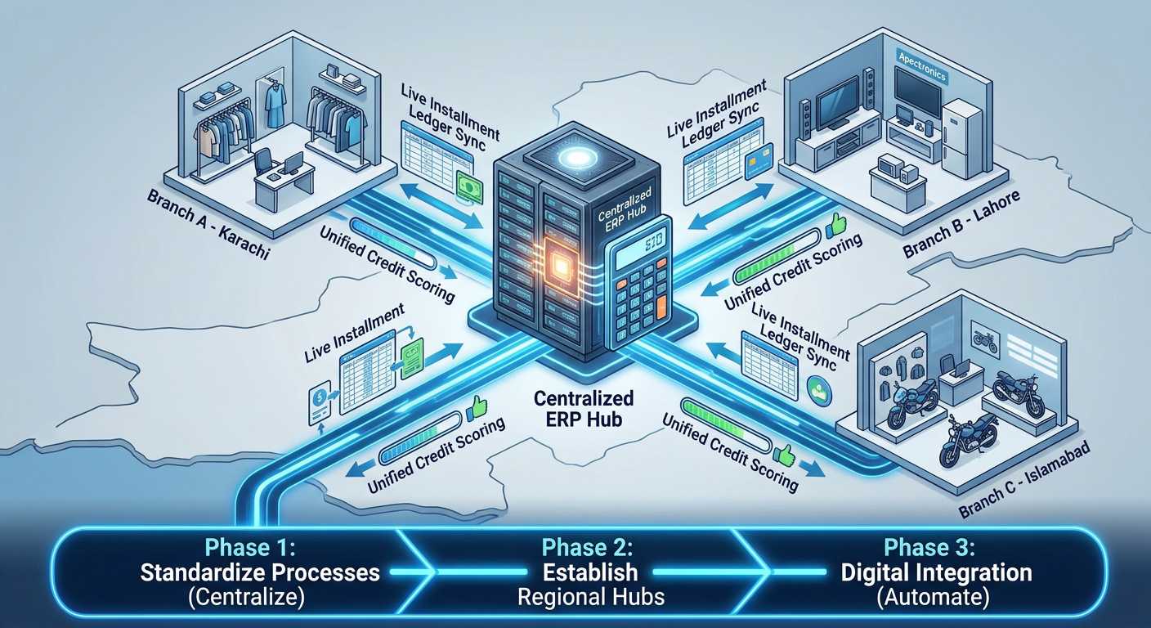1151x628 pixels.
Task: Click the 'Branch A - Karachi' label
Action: tap(208, 225)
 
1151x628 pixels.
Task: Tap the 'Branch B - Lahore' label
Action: tap(961, 224)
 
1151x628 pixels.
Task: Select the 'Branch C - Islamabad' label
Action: tap(1024, 479)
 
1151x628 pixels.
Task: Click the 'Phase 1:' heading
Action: tap(250, 548)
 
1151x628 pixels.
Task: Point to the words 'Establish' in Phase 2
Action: tap(590, 572)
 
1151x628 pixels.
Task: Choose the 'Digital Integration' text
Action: tap(936, 572)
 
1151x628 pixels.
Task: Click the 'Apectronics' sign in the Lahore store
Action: tap(922, 66)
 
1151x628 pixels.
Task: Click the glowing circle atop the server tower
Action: tap(576, 157)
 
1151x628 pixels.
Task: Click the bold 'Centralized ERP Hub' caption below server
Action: tap(584, 409)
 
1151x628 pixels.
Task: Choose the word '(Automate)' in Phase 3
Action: tap(933, 597)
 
